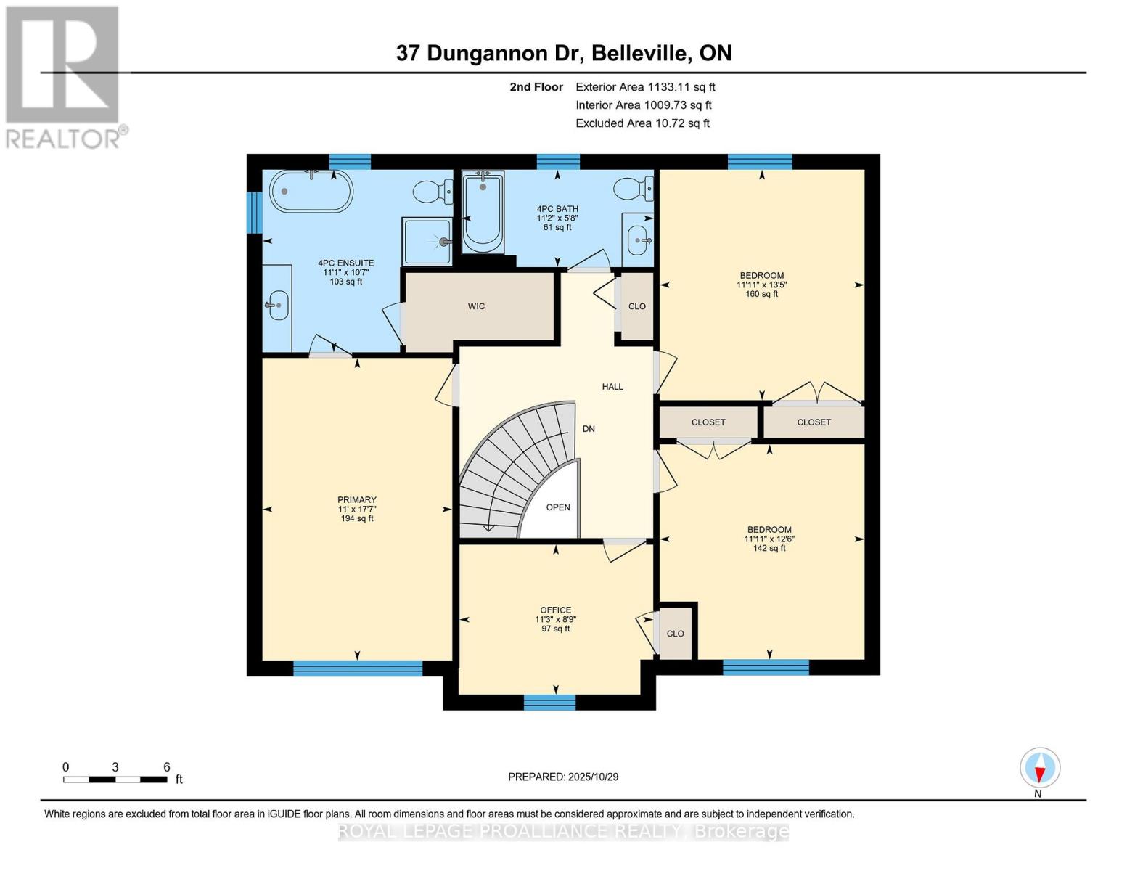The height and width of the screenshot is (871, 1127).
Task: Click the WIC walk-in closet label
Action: click(x=476, y=306)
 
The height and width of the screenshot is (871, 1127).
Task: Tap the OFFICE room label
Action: click(x=555, y=610)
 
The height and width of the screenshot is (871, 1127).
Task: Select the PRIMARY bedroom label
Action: click(x=356, y=500)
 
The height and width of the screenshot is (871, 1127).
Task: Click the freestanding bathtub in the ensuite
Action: click(x=311, y=192)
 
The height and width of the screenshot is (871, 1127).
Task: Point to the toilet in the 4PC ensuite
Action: click(x=433, y=192)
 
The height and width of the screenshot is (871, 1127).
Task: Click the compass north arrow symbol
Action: click(x=1040, y=768)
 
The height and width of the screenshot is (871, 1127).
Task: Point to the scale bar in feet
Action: click(x=115, y=780)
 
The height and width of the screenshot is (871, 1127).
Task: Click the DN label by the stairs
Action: click(x=589, y=429)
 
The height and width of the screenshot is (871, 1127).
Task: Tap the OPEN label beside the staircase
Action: click(x=558, y=507)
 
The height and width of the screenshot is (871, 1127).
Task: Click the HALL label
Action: click(x=612, y=387)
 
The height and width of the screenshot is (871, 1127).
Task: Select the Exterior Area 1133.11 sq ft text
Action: click(x=645, y=87)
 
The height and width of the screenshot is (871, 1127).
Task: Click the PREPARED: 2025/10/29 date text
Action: click(x=563, y=777)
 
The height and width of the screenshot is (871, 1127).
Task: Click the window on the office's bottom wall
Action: click(x=549, y=702)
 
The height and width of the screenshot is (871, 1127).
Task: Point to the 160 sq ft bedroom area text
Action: click(x=761, y=294)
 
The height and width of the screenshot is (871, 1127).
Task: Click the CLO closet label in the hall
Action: click(x=637, y=306)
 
